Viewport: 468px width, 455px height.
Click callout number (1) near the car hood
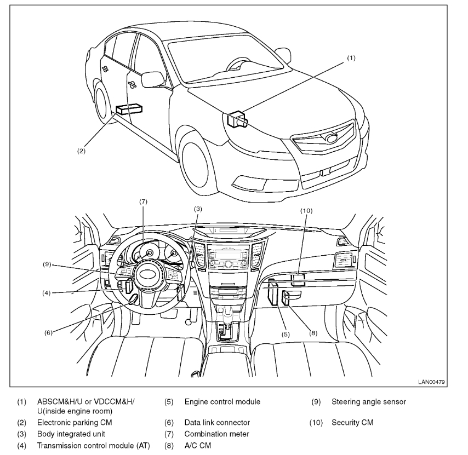coord(351,57)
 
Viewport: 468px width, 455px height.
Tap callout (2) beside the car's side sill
coord(81,151)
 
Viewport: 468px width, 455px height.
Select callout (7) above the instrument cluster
coord(144,202)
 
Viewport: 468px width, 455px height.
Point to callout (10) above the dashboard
coord(306,210)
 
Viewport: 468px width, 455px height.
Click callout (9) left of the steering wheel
coord(47,264)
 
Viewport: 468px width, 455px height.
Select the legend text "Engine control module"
coord(222,402)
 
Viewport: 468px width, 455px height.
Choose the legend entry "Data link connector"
coord(217,423)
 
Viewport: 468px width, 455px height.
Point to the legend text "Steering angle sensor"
coord(369,402)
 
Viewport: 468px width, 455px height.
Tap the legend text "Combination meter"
coord(216,434)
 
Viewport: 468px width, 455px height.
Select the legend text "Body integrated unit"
coord(71,434)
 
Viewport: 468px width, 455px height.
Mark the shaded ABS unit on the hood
coord(237,118)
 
